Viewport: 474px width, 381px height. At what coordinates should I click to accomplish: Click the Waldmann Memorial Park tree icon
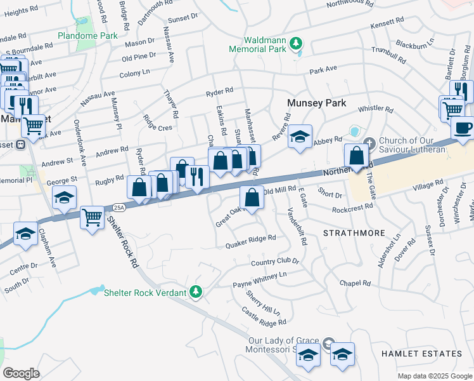tap(295, 44)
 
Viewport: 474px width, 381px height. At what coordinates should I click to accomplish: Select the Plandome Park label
tap(87, 36)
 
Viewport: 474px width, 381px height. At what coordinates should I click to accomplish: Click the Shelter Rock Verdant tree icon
tap(197, 291)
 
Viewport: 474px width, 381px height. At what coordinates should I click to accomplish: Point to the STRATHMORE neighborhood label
tap(354, 233)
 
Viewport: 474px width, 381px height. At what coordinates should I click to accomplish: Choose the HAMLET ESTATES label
tap(421, 353)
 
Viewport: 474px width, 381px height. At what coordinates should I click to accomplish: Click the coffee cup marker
tap(463, 127)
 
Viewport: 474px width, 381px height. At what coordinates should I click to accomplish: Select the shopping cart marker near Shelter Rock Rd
tap(92, 218)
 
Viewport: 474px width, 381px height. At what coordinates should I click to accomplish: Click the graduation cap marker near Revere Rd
tap(300, 137)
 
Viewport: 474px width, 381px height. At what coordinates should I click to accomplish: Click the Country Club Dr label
tap(274, 262)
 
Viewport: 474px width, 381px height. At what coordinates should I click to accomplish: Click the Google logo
tap(21, 373)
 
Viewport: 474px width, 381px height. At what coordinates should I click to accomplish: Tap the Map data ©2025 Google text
tap(434, 376)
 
